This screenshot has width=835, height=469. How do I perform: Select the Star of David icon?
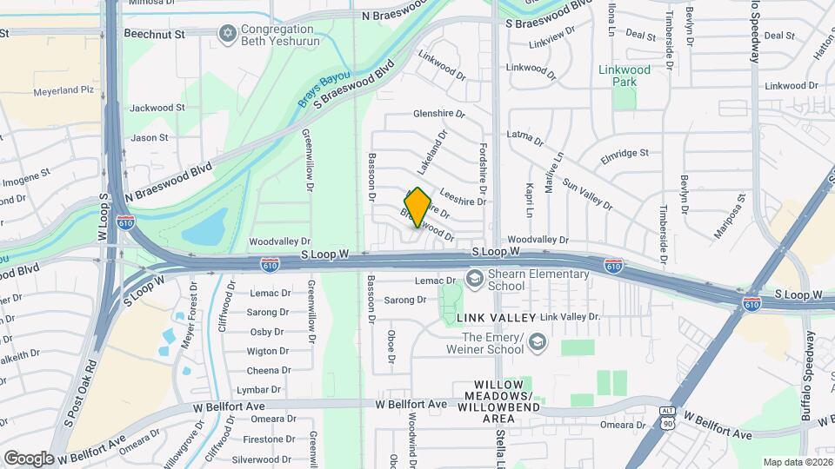tap(229, 32)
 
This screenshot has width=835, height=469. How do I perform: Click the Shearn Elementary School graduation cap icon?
tap(475, 278)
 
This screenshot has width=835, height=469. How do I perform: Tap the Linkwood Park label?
tap(624, 76)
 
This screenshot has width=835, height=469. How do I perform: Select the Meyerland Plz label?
tap(63, 90)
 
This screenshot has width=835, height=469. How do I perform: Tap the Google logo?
tap(28, 458)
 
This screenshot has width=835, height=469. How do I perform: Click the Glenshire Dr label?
tap(438, 114)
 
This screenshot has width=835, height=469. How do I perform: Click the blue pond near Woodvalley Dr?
tap(206, 228)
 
